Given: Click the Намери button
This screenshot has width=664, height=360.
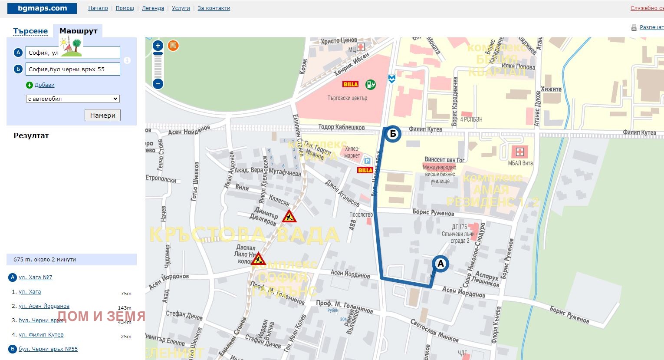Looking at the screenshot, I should pos(102,115).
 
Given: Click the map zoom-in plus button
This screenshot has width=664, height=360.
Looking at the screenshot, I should pos(158,46).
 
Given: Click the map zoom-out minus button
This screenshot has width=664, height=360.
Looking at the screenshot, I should pos(158,84).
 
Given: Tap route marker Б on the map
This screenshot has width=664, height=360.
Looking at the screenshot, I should pos(393,134).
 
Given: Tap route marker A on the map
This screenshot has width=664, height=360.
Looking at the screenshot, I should pos(440,264).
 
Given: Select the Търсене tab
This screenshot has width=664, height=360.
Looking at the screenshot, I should pos(30,31).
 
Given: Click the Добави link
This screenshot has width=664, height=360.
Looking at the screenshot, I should pos(44,85).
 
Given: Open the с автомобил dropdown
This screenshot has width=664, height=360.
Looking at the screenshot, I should pos(72,99).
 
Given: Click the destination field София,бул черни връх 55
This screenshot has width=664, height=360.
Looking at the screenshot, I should pos(72,69).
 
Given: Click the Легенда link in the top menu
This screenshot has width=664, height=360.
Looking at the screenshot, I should pos(153,8).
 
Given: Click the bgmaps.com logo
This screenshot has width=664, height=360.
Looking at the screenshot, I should pos(42,8).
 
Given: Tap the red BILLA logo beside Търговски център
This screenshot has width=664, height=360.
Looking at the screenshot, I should pos(350,84).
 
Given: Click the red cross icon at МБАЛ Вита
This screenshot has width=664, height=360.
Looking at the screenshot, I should pos(519,152).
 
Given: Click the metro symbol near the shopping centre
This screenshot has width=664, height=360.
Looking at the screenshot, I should pos(392,79).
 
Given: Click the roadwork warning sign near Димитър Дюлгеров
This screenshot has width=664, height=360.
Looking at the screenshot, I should pos(289,216).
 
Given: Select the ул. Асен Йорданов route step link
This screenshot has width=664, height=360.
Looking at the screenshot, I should pos(44,306).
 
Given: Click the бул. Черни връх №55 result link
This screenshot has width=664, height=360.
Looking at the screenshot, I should pos(48,349).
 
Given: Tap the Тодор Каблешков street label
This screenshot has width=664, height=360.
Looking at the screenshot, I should pos(342,127).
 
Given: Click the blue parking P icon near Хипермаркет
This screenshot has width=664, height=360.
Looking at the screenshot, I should pos(367,161).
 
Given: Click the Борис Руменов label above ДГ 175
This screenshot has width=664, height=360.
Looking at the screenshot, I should pos(433,212).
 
